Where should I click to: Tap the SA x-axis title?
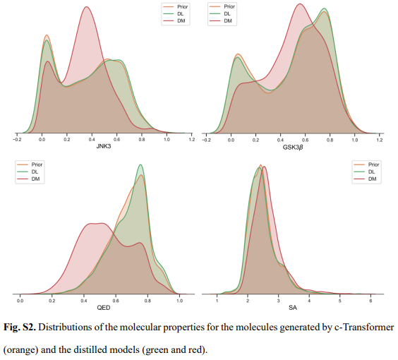pos(293,309)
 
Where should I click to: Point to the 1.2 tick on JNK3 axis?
pos(191,140)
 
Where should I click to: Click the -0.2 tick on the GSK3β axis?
pos(206,140)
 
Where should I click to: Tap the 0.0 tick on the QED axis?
pos(20,301)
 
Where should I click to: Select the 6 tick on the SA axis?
pos(370,301)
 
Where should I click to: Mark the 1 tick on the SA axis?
pos(217,301)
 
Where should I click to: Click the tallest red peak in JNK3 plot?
pos(86,8)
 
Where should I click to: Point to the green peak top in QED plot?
pos(140,165)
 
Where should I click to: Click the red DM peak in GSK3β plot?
pos(300,5)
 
